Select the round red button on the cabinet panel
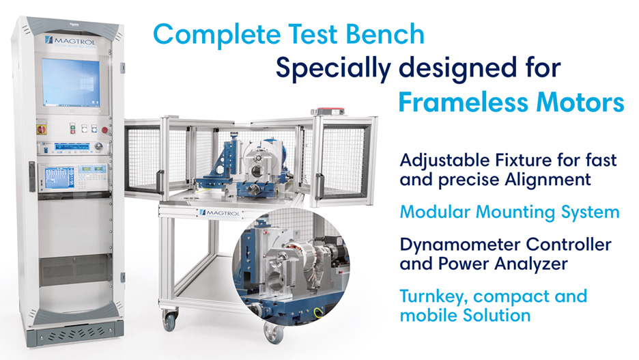104,129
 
